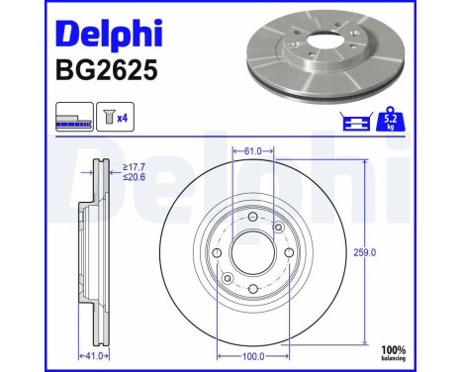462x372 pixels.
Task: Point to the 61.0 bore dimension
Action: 253,151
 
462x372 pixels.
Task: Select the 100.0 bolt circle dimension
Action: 253,353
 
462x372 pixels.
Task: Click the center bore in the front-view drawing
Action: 251,253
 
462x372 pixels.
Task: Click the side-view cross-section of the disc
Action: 94,253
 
